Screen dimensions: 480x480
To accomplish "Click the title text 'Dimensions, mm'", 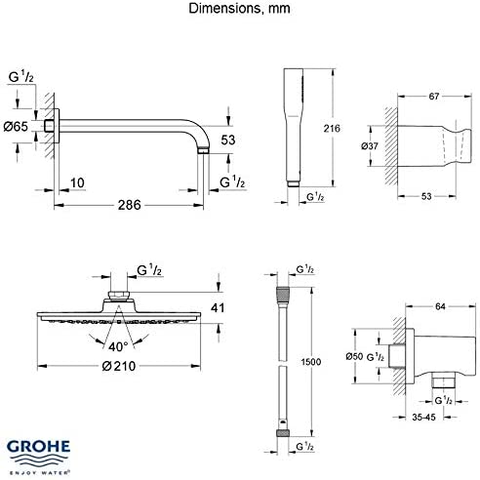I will [x=239, y=10].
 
